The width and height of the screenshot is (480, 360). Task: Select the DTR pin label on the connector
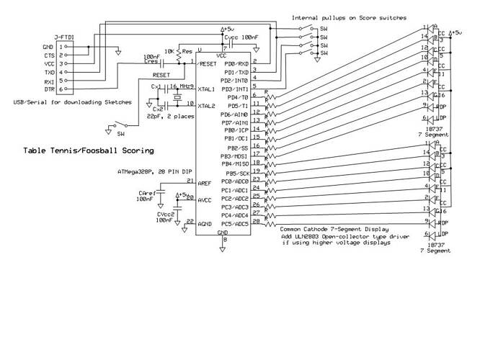point(48,89)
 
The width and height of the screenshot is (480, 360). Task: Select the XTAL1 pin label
point(205,89)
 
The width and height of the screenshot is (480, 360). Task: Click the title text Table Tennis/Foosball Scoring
point(88,150)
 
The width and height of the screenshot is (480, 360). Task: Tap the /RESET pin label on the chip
point(206,64)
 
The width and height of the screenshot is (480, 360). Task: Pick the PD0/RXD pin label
point(236,64)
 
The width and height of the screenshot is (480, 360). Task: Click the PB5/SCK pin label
point(236,173)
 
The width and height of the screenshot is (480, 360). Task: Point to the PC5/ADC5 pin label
point(235,223)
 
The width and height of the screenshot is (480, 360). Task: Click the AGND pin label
point(205,225)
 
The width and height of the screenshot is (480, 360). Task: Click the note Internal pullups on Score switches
point(349,17)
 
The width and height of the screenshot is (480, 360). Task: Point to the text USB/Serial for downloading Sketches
point(72,102)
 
